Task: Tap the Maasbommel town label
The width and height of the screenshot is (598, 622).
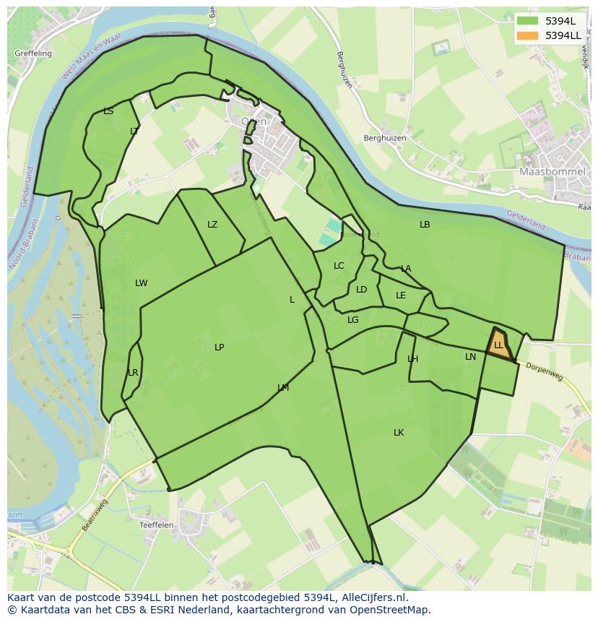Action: coord(547,172)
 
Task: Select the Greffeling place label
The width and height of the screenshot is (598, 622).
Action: coord(33,53)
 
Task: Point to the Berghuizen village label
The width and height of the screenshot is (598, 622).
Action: coord(385,138)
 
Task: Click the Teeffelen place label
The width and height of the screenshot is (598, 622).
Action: coord(157,525)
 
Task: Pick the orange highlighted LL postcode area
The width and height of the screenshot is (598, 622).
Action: coord(498,344)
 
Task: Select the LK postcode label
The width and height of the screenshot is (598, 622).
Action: coord(399,433)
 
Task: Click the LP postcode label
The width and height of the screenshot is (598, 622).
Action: coord(219,347)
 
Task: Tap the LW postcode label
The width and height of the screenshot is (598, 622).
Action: coord(141,283)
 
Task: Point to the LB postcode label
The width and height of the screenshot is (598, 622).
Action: coord(425,225)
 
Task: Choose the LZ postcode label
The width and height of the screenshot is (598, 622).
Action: coord(212,225)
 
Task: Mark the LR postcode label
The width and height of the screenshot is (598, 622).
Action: coord(133,373)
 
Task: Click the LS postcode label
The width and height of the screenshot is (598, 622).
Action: coord(108,111)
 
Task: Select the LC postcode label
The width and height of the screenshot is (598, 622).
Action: coord(339,266)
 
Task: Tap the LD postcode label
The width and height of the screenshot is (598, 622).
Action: coord(362,290)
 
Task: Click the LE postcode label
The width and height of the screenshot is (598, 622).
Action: coord(401,295)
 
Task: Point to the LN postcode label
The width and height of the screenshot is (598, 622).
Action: coord(470,357)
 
